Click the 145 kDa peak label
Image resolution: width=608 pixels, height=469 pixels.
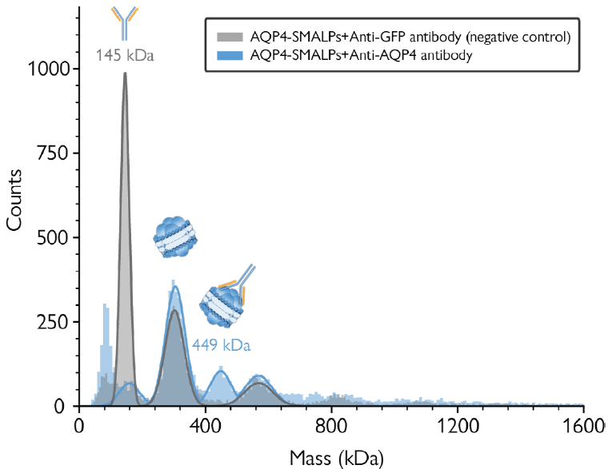124,56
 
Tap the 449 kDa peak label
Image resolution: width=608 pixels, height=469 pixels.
222,346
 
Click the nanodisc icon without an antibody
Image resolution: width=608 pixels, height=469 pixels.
175,237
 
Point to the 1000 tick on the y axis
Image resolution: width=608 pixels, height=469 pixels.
53,70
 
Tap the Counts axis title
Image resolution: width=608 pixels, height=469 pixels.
14,205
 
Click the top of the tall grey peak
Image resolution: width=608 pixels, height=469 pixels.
124,74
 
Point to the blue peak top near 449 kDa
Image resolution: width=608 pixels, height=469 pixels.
220,371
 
